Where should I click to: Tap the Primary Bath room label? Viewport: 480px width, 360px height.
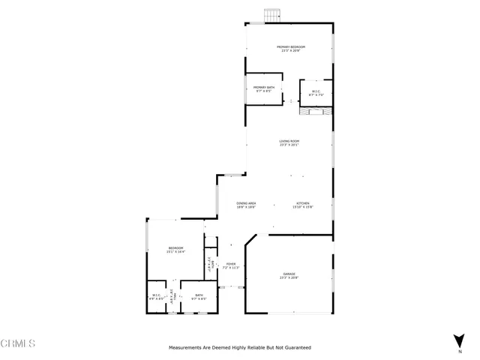click(263, 88)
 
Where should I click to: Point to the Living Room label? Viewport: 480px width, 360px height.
click(289, 141)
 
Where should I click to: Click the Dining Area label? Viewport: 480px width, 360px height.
click(247, 203)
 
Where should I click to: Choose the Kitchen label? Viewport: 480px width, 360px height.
click(302, 203)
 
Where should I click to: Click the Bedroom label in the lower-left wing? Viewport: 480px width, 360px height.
click(175, 248)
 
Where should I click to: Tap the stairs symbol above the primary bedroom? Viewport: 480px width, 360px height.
click(271, 16)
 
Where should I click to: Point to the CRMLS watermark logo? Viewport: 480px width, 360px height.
click(18, 343)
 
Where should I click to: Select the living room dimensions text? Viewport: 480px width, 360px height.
click(289, 145)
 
